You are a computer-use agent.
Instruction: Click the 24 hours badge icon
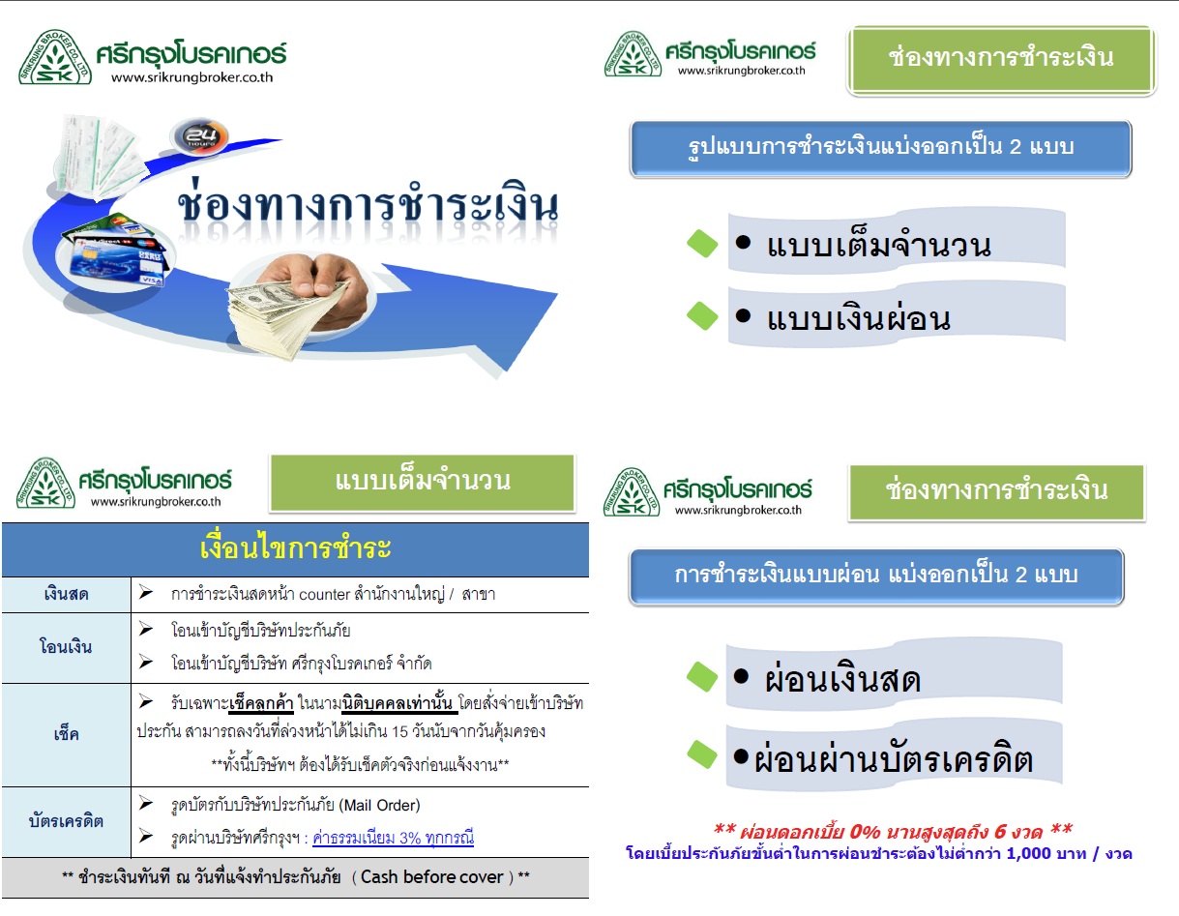pyautogui.click(x=199, y=136)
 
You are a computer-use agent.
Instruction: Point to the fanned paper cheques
pyautogui.click(x=97, y=156)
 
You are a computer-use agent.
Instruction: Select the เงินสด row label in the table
pyautogui.click(x=66, y=595)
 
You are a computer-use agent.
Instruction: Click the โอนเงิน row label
pyautogui.click(x=66, y=647)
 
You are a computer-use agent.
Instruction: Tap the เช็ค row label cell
pyautogui.click(x=66, y=735)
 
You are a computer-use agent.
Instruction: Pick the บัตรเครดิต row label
pyautogui.click(x=66, y=821)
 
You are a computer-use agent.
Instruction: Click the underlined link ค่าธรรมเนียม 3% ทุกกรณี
pyautogui.click(x=394, y=838)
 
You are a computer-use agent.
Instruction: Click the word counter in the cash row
pyautogui.click(x=324, y=595)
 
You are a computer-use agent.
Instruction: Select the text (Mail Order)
pyautogui.click(x=379, y=806)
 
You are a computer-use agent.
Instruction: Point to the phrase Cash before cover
pyautogui.click(x=432, y=877)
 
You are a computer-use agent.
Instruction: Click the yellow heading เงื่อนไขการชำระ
pyautogui.click(x=296, y=548)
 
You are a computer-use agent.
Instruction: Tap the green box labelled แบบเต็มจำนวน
pyautogui.click(x=422, y=483)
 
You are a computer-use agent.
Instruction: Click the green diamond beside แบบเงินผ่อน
pyautogui.click(x=702, y=316)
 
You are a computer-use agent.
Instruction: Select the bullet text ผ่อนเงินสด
pyautogui.click(x=842, y=679)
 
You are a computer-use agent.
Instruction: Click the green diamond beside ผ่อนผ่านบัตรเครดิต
pyautogui.click(x=702, y=754)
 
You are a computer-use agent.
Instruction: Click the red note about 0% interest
pyautogui.click(x=893, y=831)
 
